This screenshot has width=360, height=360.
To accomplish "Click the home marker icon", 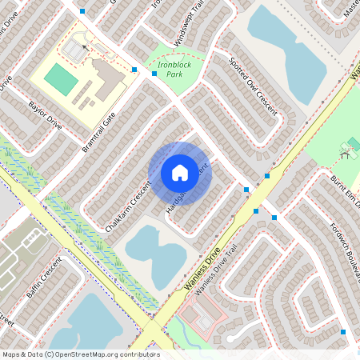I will [x=180, y=173].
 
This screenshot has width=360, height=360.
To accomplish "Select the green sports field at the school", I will [x=58, y=78].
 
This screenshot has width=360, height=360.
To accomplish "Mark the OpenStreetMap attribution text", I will [x=80, y=354].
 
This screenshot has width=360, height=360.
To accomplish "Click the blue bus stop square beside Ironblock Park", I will [x=134, y=70].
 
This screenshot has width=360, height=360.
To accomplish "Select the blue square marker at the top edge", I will [x=82, y=11].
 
